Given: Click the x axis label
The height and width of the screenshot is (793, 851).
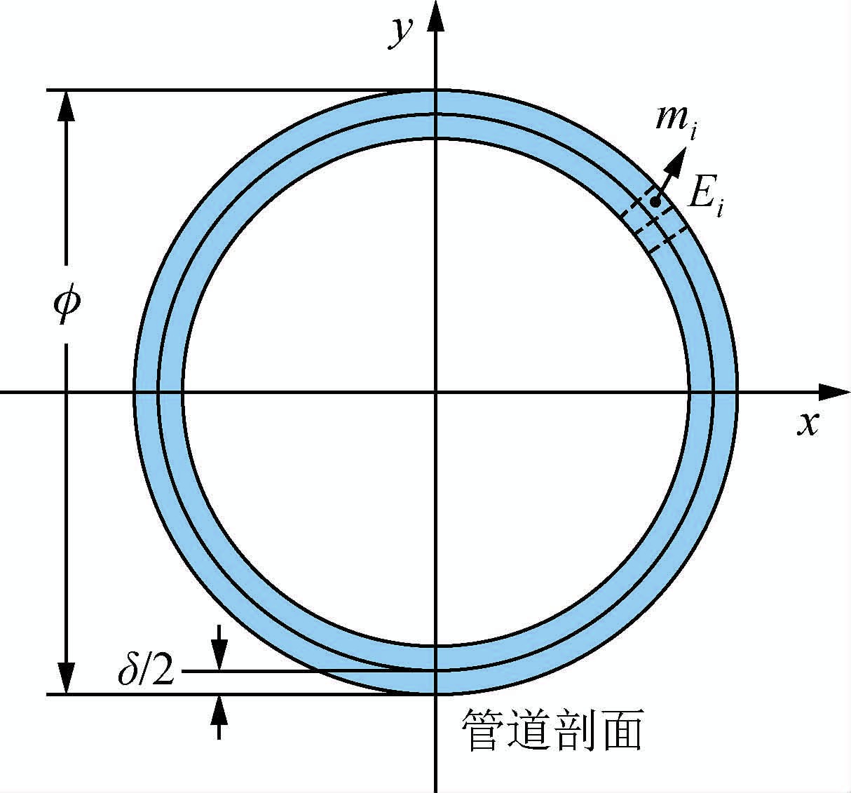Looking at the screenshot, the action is click(x=808, y=423).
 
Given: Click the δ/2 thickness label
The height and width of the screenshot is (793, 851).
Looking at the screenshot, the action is click(x=146, y=671).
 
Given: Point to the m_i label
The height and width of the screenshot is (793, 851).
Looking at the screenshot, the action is click(x=674, y=120).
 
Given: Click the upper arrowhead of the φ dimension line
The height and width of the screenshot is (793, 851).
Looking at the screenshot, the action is click(x=67, y=105).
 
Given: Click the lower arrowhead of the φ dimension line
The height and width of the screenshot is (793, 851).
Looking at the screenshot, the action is click(x=67, y=679).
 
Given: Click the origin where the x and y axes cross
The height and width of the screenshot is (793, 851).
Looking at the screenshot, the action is click(x=436, y=392).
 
